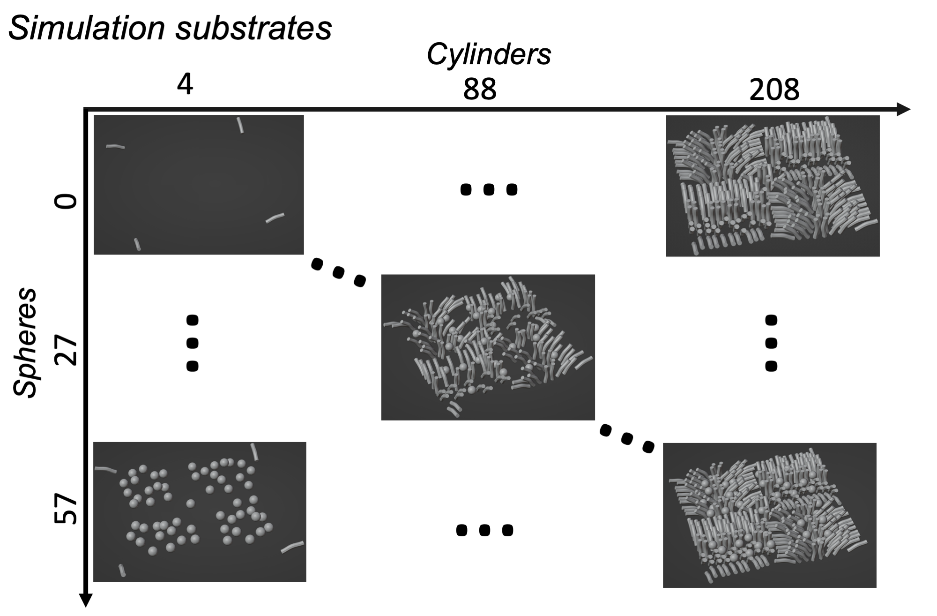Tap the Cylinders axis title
tap(489, 55)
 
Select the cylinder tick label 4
tap(186, 85)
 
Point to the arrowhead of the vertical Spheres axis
tap(86, 600)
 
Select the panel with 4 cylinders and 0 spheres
tap(199, 184)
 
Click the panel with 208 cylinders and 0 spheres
tap(773, 186)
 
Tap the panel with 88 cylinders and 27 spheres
tap(488, 347)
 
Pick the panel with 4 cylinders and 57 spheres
tap(200, 511)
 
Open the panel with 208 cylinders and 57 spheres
tap(769, 515)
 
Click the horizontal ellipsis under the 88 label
tap(489, 189)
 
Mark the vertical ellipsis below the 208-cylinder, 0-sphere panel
tap(771, 344)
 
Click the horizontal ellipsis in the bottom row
tap(484, 530)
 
